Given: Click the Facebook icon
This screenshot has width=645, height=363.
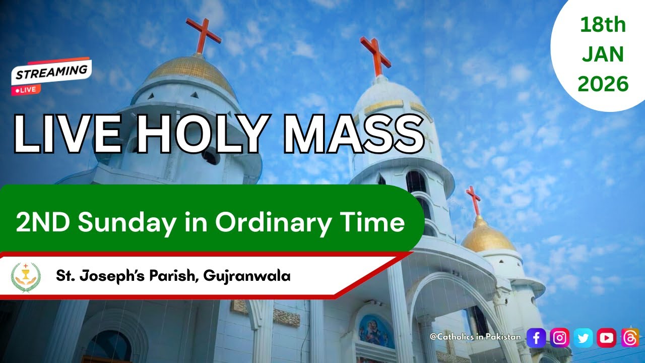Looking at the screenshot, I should tap(536, 338).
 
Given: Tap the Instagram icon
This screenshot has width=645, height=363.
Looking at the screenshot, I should tap(559, 338).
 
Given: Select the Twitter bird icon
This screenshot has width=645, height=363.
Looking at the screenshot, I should tap(583, 338).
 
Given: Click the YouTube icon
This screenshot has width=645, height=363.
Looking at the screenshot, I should tap(607, 338).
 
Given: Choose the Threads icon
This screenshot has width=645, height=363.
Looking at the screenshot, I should tap(630, 338).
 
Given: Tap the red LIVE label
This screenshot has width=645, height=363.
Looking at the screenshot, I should tap(26, 90).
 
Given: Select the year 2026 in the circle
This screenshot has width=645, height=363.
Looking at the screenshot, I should tap(603, 84).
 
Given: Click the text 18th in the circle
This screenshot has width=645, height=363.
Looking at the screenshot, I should tap(603, 25).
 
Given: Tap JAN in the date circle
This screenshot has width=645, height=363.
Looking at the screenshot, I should tap(603, 54).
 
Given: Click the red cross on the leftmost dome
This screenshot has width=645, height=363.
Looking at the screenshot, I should tap(203, 34).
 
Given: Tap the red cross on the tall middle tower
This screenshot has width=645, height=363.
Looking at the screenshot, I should tap(375, 54).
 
